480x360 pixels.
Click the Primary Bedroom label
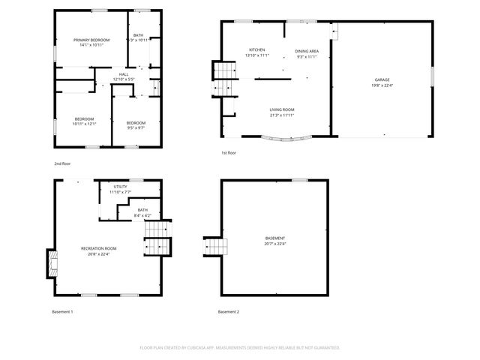[91, 40]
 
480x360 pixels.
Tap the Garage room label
[382, 79]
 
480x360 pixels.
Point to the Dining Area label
[307, 51]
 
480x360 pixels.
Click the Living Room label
[282, 110]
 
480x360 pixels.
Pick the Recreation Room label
[99, 248]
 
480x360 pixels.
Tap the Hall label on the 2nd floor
[124, 73]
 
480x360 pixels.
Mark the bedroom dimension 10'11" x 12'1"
[84, 124]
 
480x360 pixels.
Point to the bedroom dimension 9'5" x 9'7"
[136, 127]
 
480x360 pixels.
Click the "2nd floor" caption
[62, 163]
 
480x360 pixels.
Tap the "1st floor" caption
[229, 153]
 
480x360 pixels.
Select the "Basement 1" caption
[62, 311]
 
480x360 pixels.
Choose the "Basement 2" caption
[229, 311]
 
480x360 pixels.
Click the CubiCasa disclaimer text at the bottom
[240, 347]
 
